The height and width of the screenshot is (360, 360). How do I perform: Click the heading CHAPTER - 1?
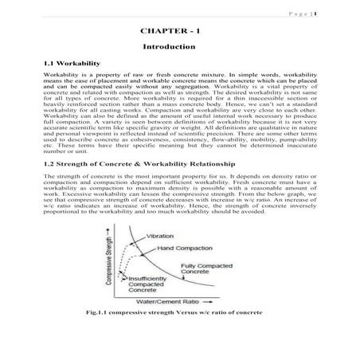(180, 32)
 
